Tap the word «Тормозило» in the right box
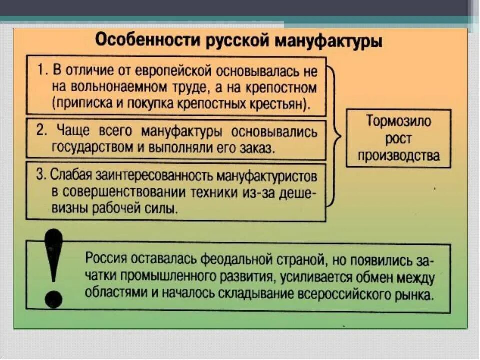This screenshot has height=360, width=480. coord(398,121)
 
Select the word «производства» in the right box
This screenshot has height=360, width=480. coord(398,155)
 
